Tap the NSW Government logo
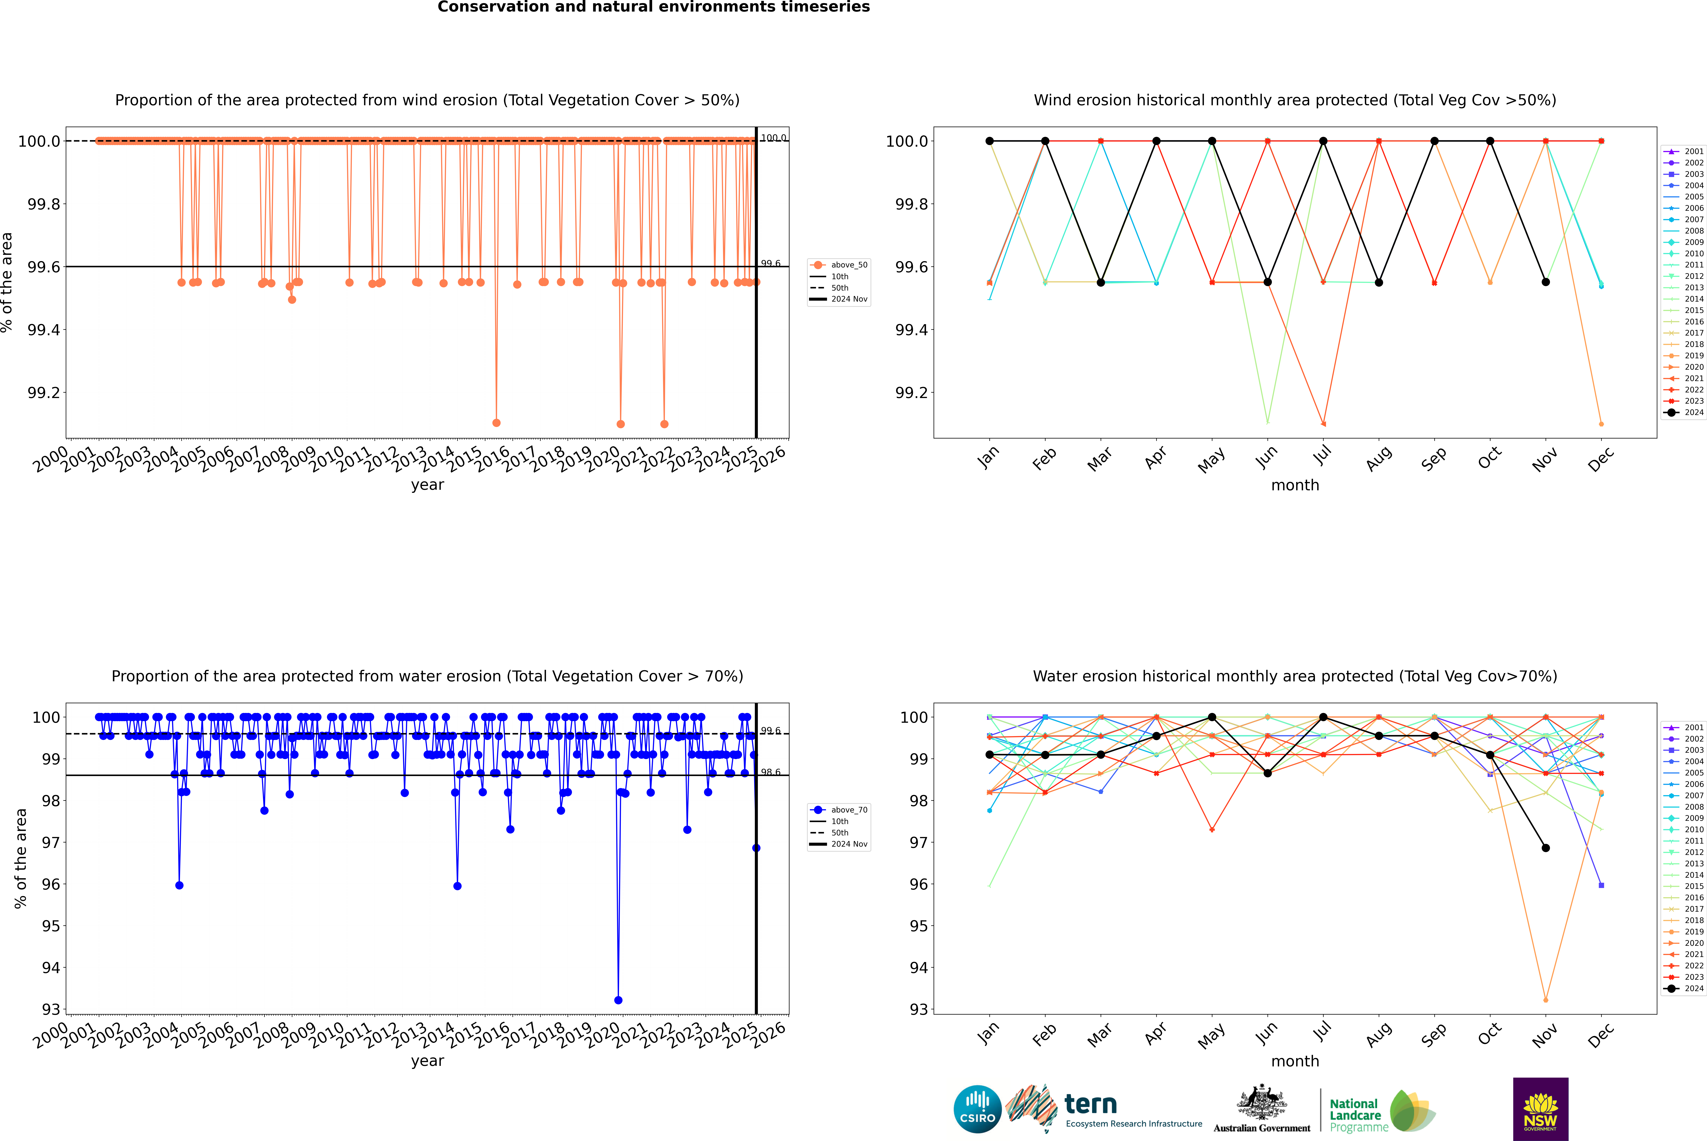coord(1540,1109)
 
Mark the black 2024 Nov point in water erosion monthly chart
coord(1545,848)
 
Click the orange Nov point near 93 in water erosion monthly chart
coord(1545,1000)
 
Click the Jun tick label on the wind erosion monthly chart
coord(1266,457)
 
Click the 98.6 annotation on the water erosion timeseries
coord(771,772)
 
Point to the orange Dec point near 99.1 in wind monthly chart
coord(1601,423)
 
